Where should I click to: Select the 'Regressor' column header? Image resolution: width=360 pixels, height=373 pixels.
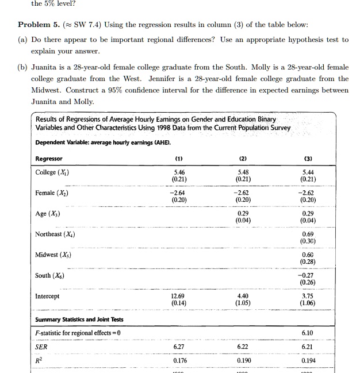(49, 159)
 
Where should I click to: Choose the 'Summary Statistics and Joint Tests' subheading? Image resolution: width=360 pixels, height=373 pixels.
(79, 320)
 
